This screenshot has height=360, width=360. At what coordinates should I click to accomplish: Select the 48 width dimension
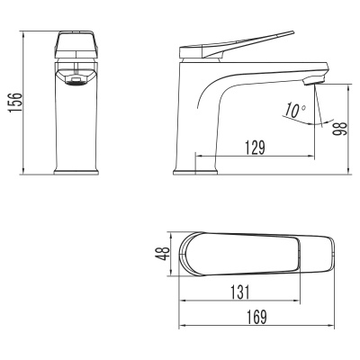[162, 256]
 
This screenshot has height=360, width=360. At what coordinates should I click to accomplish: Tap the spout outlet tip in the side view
[310, 81]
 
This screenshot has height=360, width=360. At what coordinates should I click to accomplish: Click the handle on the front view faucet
[77, 47]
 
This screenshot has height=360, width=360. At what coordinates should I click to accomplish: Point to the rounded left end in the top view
[189, 256]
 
